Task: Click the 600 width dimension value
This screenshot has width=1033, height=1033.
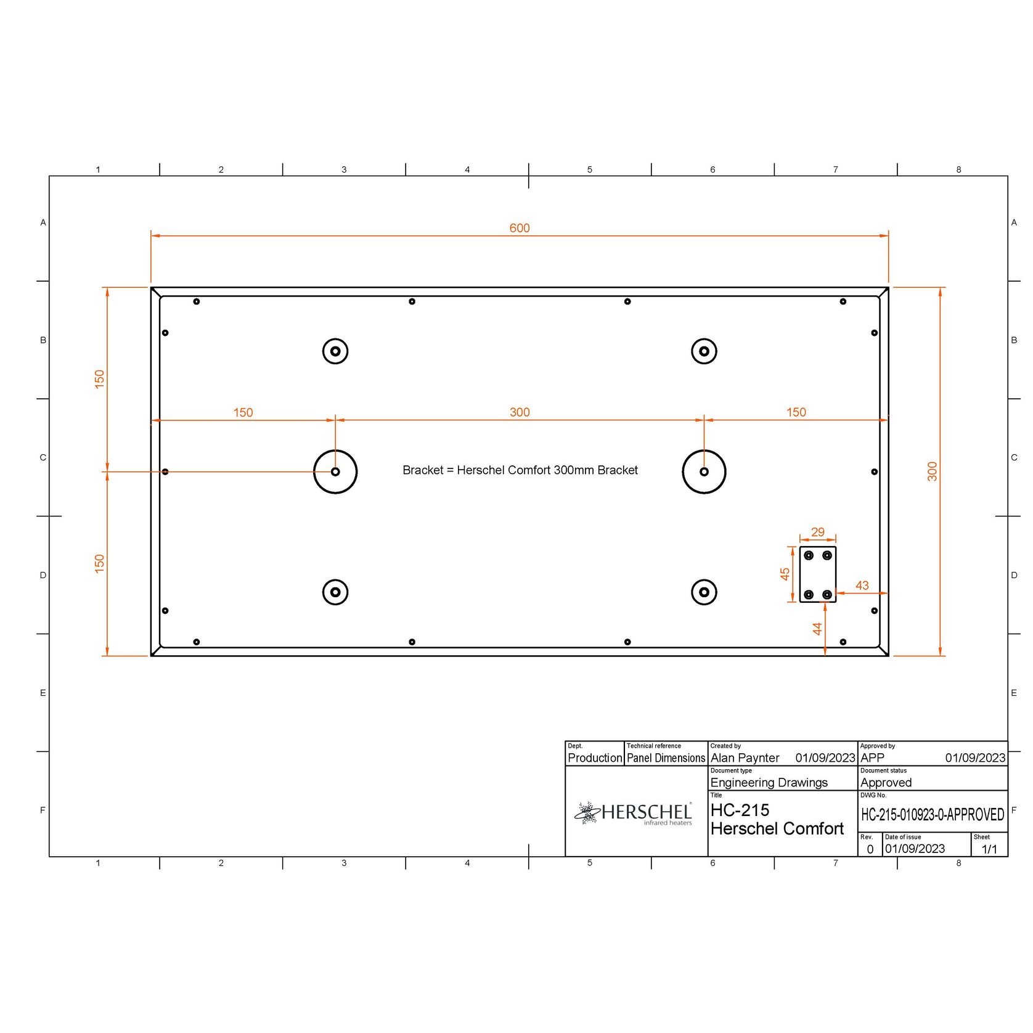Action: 519,228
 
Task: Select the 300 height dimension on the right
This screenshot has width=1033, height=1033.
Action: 932,472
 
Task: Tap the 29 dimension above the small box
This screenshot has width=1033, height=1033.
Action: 817,532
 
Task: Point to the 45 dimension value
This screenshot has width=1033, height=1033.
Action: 785,574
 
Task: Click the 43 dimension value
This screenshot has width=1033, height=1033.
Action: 862,585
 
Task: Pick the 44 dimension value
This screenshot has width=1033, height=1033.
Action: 817,629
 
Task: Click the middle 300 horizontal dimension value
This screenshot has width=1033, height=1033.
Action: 519,412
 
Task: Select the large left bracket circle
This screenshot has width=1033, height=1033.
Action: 335,472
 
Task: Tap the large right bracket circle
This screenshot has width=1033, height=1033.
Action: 704,472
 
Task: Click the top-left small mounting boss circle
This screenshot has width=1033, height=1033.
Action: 335,351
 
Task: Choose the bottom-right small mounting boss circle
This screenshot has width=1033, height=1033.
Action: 704,592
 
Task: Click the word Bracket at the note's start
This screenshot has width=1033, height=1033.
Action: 423,470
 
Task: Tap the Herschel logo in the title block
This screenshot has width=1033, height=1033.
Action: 635,813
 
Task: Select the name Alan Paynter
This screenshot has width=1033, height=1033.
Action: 745,757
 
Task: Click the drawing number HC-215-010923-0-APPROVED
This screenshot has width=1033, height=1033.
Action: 932,815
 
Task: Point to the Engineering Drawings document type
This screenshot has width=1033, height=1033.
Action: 769,782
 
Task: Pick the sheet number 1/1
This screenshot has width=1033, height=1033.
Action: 989,849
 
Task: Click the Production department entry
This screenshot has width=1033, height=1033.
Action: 594,757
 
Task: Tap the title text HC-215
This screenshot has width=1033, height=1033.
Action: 740,810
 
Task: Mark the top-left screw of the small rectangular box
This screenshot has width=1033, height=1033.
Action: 809,555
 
